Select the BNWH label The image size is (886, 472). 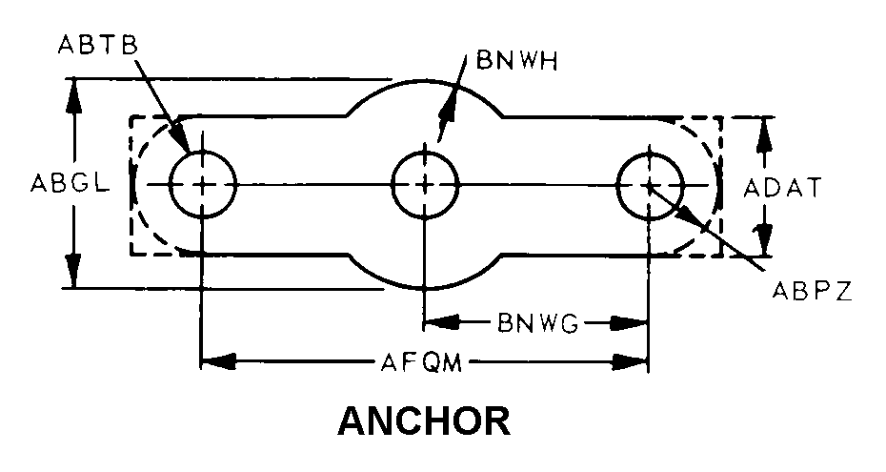511,62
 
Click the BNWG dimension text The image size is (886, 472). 537,323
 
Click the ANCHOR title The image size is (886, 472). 424,420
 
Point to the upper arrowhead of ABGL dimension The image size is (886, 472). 74,92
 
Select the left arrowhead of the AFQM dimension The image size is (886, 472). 217,362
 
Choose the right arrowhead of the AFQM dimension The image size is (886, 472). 634,362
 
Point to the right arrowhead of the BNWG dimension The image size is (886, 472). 634,323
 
